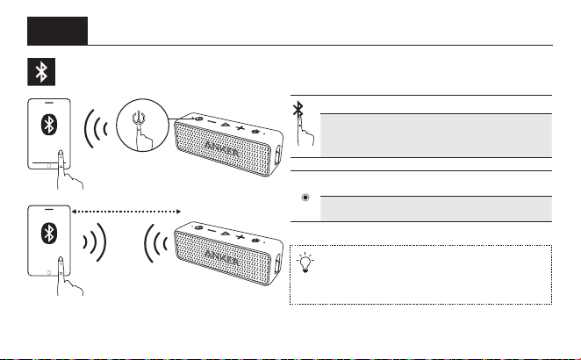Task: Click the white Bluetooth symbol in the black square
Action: coord(41,72)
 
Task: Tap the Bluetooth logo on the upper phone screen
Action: coord(49,124)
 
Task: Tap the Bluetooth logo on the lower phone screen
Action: coord(49,233)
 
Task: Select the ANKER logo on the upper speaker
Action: coord(221,148)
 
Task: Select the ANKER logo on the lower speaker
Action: coord(221,257)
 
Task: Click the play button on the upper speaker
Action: coord(225,124)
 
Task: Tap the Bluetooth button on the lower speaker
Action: coord(255,241)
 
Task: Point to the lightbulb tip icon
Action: coord(305,263)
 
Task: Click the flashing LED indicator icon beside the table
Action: coord(305,198)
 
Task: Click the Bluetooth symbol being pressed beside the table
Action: coord(298,109)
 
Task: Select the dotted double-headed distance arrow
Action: coord(126,212)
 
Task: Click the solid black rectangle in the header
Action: coord(57,31)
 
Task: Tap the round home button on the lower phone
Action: coord(49,272)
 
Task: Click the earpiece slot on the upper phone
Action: coord(49,102)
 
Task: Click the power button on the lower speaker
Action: coord(198,227)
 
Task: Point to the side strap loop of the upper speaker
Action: coord(277,155)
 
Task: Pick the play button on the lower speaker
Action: coord(225,234)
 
